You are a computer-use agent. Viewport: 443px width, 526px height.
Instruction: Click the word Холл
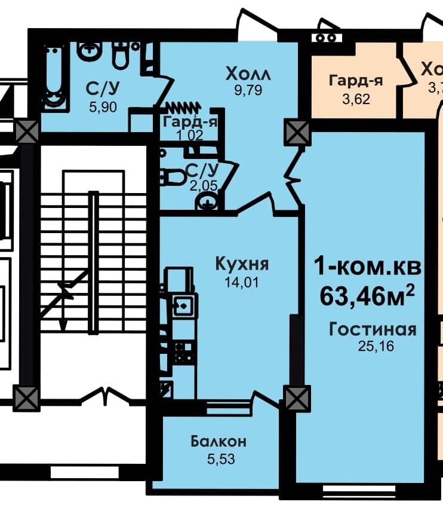248,74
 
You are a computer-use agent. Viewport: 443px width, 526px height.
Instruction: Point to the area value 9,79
248,91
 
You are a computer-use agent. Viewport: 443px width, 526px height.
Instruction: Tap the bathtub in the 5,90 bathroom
54,78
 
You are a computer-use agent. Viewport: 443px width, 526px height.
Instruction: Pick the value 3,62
355,99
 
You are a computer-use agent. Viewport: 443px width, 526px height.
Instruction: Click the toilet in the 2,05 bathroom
173,178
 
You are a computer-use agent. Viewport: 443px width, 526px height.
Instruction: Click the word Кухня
242,264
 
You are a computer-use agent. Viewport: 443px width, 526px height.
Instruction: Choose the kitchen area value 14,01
242,282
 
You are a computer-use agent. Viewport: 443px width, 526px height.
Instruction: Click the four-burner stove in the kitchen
182,353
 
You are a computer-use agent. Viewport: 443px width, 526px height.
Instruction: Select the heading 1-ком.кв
368,267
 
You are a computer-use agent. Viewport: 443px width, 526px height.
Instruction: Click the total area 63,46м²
368,295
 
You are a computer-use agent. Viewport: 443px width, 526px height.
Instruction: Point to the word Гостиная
372,329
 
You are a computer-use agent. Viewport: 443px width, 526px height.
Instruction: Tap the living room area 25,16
372,346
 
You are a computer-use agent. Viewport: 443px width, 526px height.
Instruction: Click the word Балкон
219,442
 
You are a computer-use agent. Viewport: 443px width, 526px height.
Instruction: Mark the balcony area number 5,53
219,460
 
